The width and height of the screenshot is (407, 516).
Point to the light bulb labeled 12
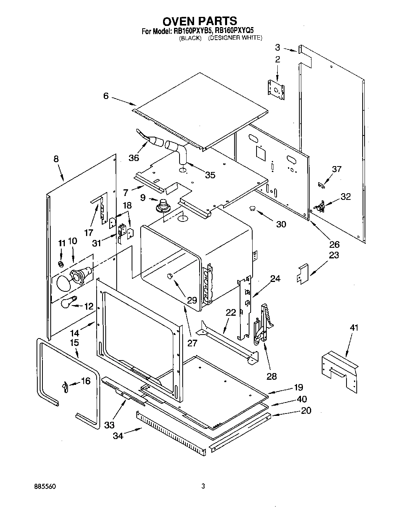[x=68, y=303]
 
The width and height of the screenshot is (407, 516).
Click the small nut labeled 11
[x=61, y=263]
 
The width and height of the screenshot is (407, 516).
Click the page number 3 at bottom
[x=203, y=486]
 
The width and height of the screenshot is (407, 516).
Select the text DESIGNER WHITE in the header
[x=235, y=38]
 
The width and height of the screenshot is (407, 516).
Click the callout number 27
[x=192, y=343]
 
